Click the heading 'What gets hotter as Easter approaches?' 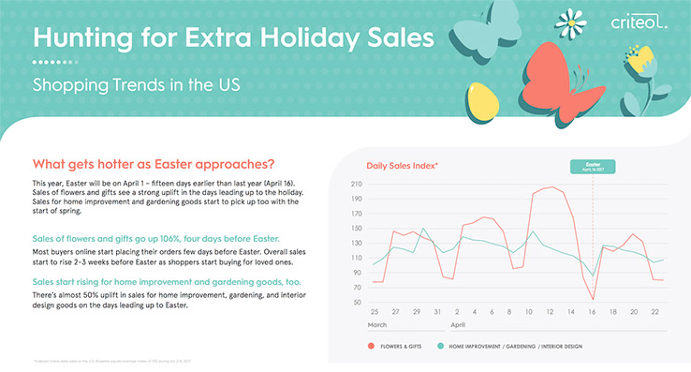point(154,161)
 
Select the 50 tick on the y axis point(357,303)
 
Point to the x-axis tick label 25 point(375,311)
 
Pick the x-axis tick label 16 point(593,311)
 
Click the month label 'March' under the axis point(378,324)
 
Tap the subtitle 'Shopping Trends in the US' point(136,83)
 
